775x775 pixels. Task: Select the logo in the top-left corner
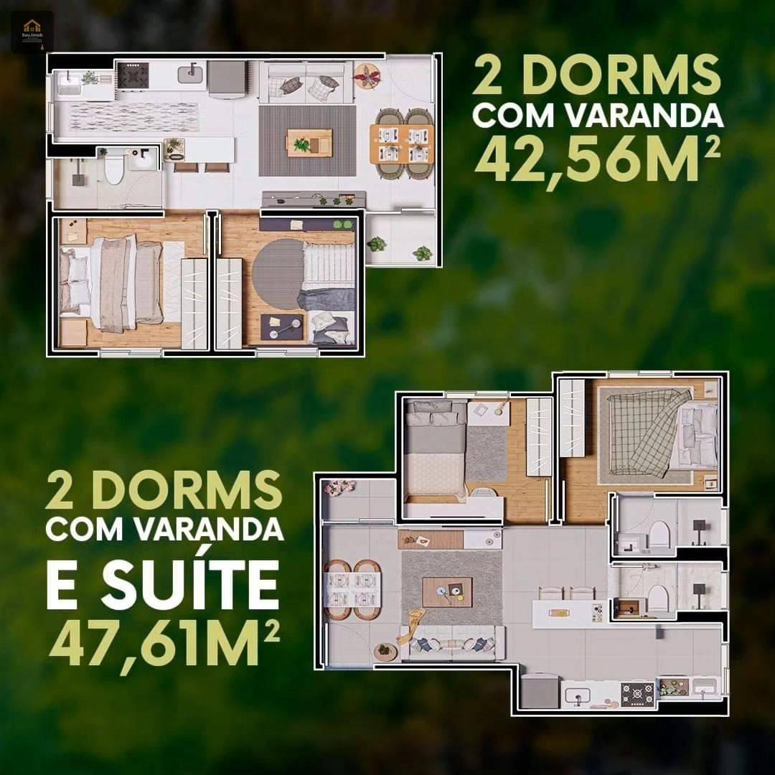click(32, 31)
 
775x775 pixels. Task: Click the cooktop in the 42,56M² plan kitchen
click(133, 75)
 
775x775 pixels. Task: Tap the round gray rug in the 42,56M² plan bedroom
click(279, 274)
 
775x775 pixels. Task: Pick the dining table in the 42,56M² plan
click(402, 143)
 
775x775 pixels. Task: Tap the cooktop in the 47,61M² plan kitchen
click(637, 693)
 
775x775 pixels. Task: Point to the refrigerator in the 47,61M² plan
click(540, 691)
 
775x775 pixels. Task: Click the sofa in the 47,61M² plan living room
click(454, 643)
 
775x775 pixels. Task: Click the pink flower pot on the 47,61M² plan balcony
click(338, 488)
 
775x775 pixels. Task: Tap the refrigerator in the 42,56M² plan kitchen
click(227, 77)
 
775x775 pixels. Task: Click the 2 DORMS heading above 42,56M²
click(595, 77)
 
